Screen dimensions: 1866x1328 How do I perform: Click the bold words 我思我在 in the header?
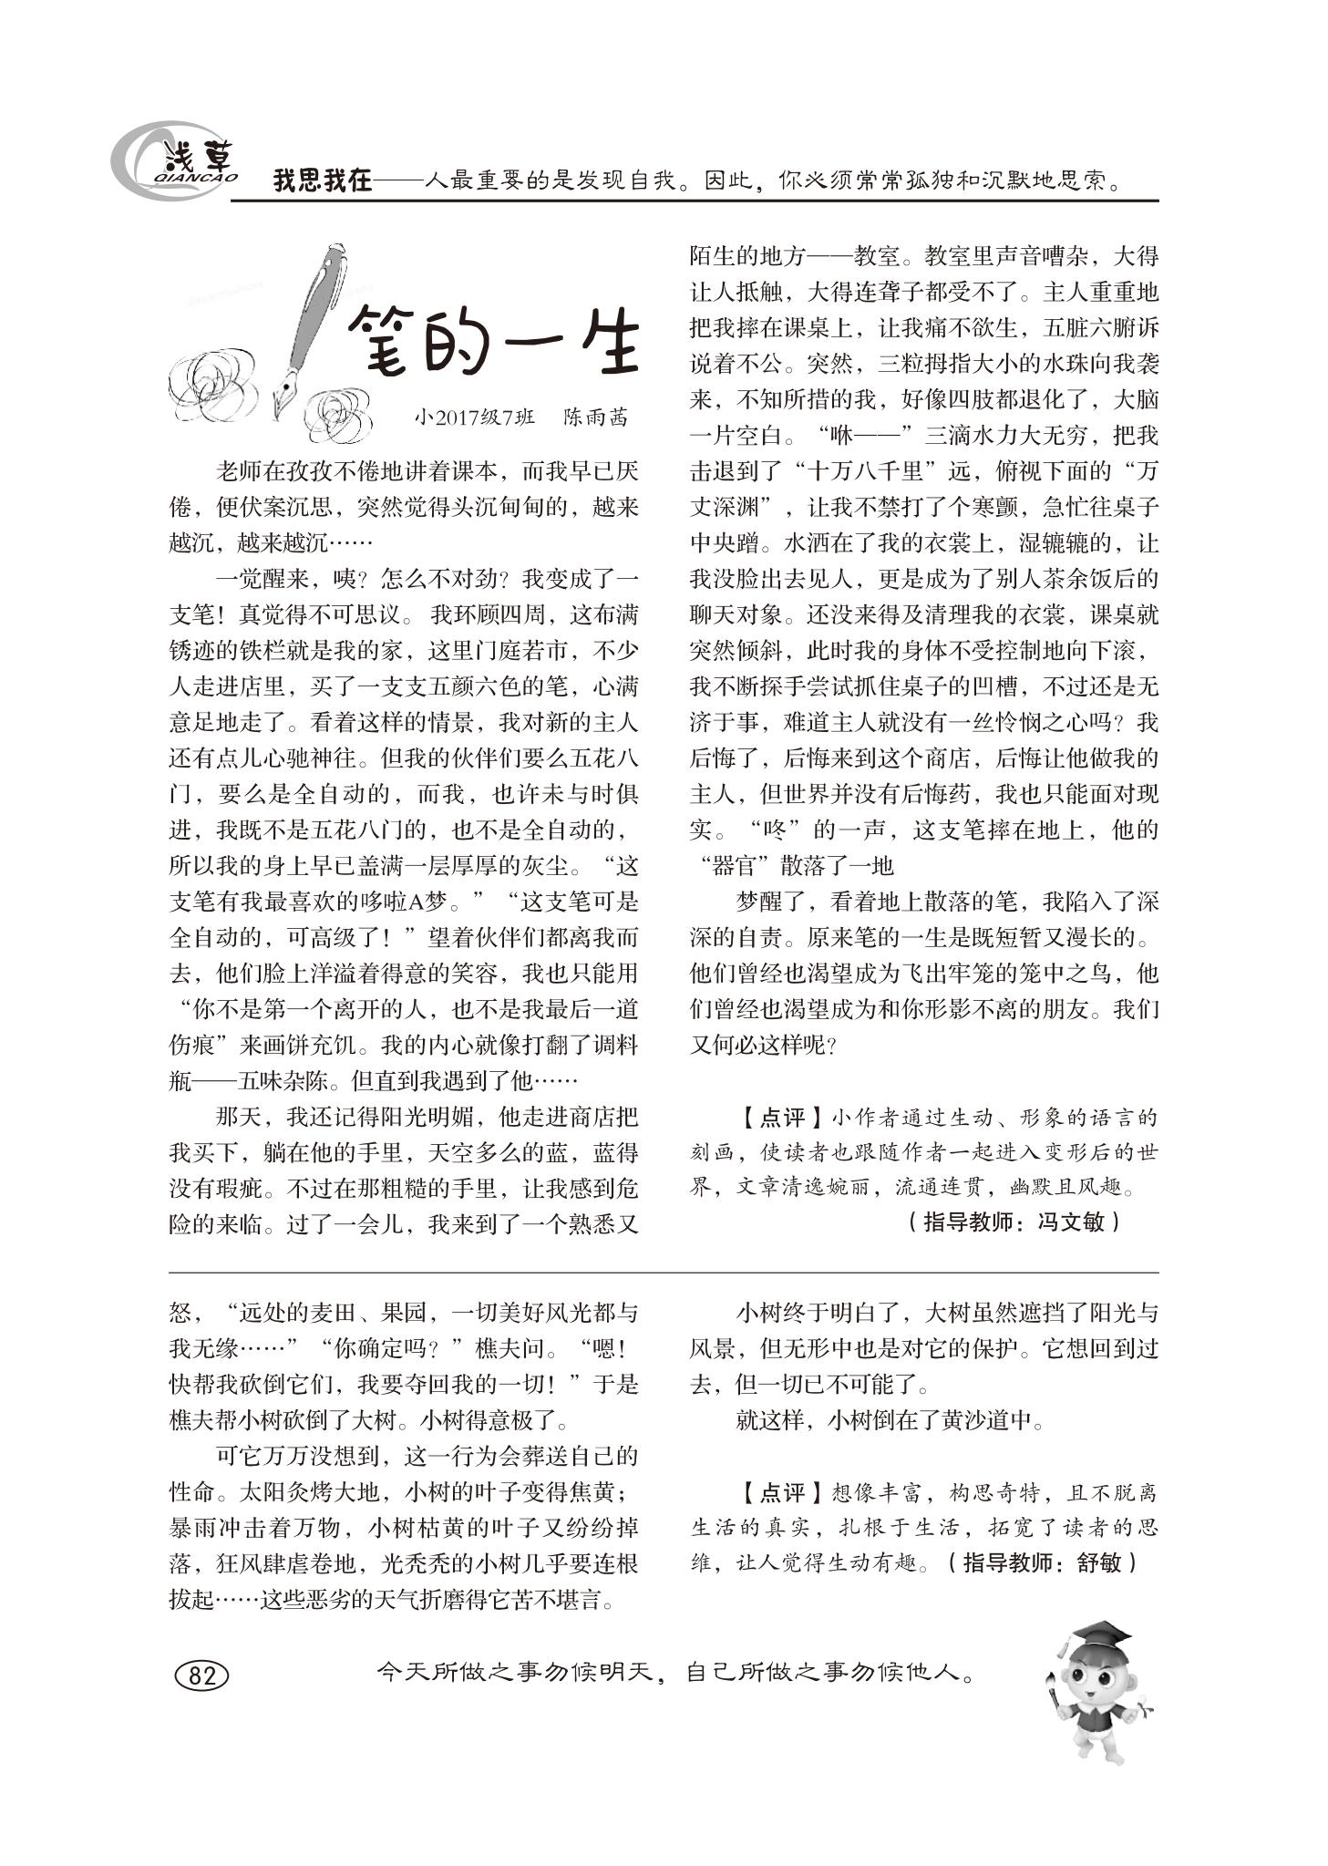coord(323,180)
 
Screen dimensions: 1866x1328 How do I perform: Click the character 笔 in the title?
coord(383,343)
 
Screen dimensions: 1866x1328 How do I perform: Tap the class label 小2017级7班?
coord(474,417)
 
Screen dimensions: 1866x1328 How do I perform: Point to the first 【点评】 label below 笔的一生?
coord(770,1118)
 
